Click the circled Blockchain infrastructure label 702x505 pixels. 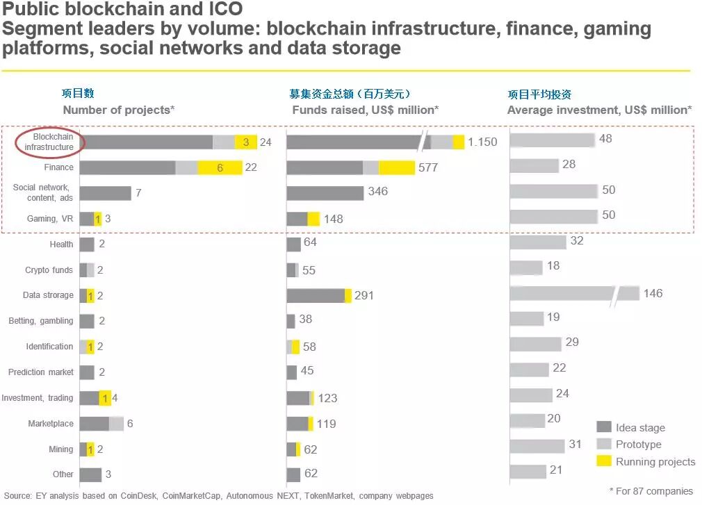tap(49, 142)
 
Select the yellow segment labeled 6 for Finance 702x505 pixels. tap(220, 167)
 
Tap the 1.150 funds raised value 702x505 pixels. tap(482, 142)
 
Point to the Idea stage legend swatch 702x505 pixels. tap(603, 427)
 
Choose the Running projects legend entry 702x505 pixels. tap(655, 461)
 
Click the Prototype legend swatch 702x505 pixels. tap(603, 444)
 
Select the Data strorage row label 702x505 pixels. tap(48, 295)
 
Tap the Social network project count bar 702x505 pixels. tap(105, 193)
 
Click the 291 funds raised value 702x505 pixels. tap(364, 296)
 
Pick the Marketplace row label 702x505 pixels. tap(51, 424)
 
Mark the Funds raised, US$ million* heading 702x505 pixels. tap(365, 110)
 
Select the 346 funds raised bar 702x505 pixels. tap(325, 193)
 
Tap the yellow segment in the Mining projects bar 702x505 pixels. tap(90, 449)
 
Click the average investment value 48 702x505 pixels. tap(605, 139)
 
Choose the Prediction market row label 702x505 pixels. tap(41, 372)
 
